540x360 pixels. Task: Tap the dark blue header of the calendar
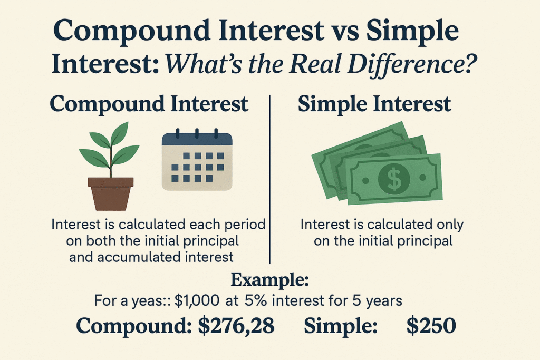pos(197,138)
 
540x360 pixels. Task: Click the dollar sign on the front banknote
pos(393,179)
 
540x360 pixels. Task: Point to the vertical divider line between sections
pos(270,179)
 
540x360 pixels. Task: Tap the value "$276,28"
pos(236,326)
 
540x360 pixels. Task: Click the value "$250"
pos(431,326)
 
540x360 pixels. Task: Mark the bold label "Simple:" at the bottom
pos(340,326)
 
